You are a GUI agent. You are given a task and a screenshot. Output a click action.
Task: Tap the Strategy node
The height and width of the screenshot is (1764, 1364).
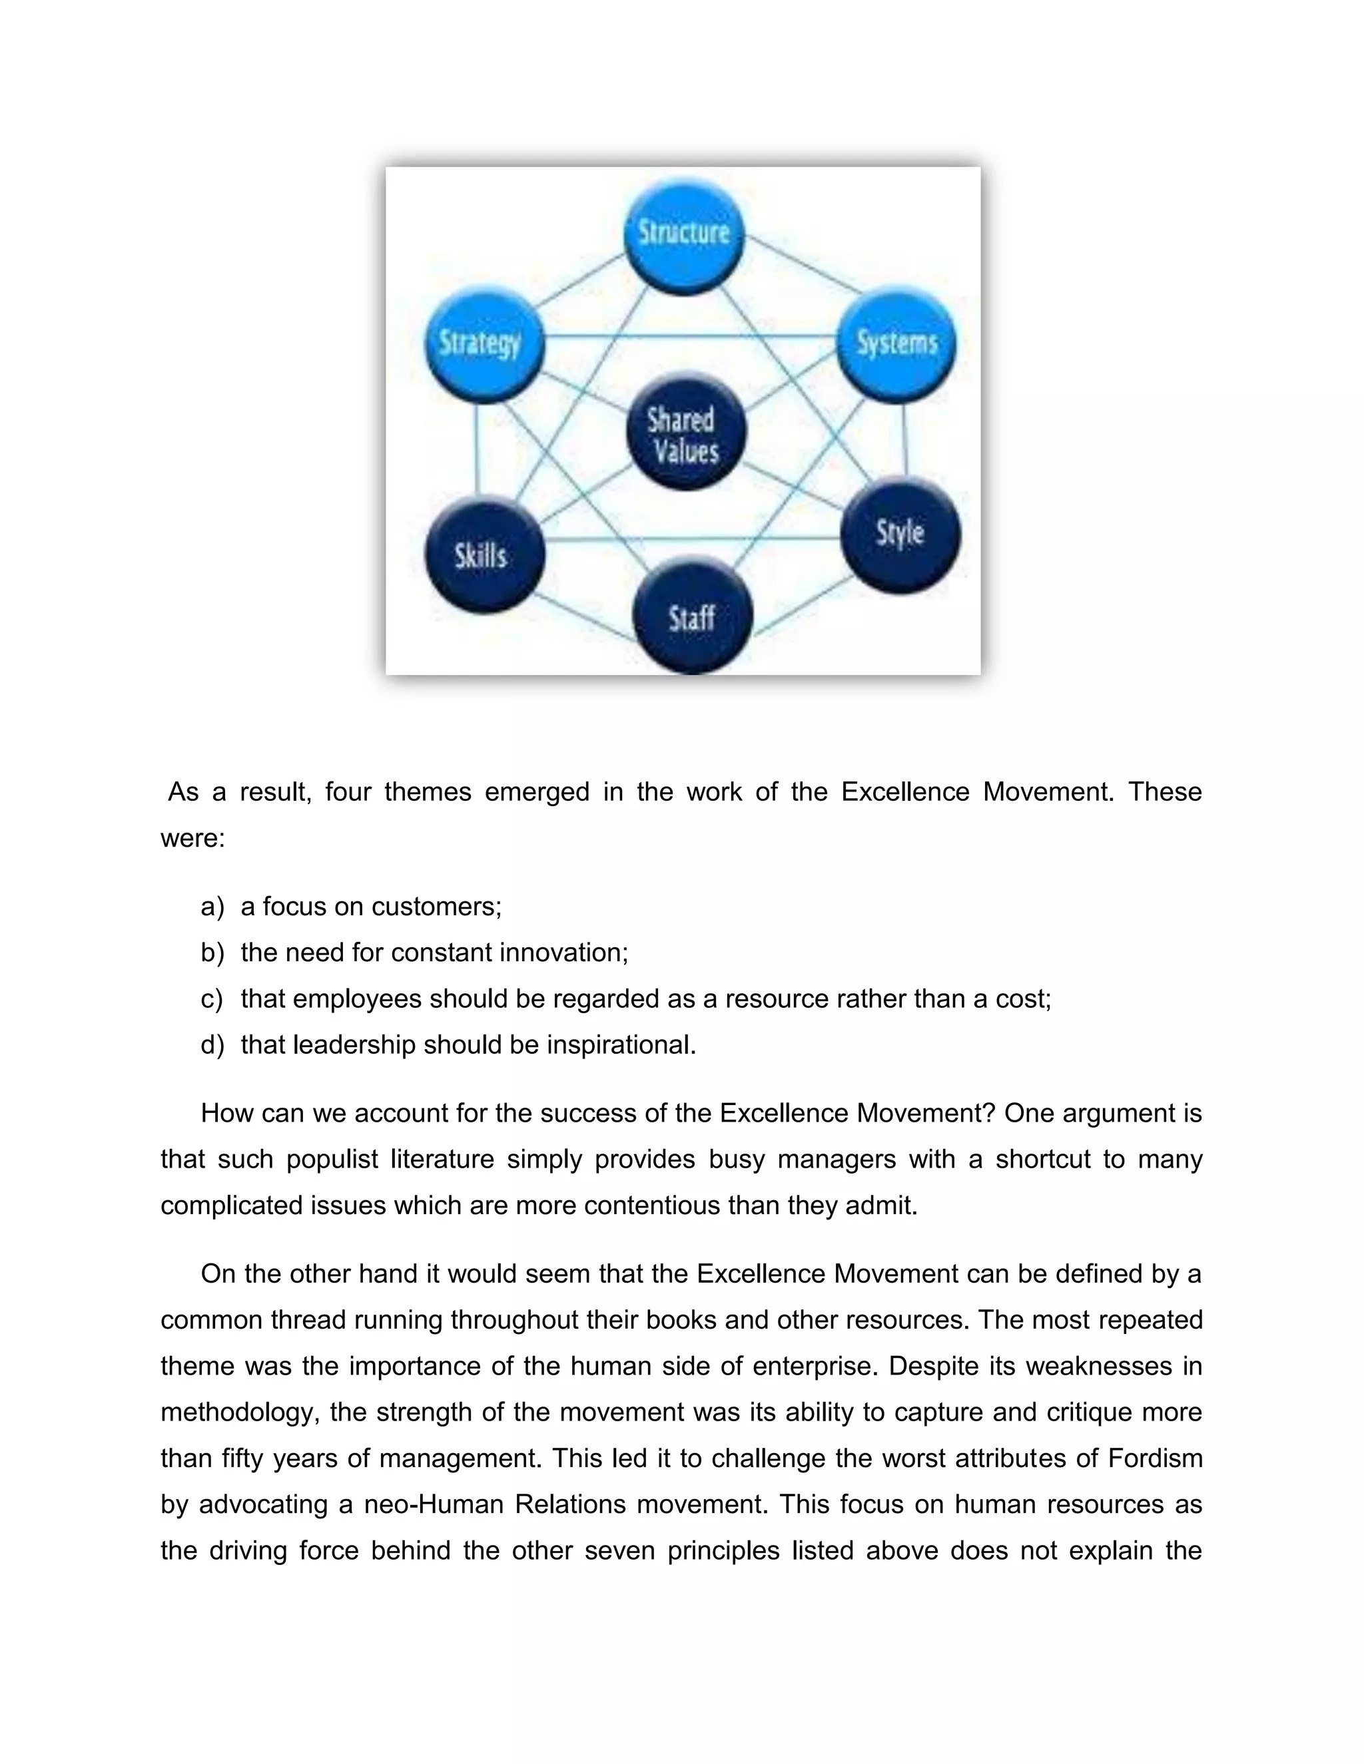(484, 343)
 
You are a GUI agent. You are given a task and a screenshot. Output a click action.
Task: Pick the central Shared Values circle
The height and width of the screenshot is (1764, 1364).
(685, 434)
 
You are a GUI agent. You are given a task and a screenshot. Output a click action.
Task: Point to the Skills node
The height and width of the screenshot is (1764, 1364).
(484, 556)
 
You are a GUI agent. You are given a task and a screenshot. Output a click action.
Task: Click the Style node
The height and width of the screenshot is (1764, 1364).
(900, 534)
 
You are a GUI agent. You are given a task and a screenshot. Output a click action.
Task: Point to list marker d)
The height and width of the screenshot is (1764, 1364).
(212, 1045)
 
